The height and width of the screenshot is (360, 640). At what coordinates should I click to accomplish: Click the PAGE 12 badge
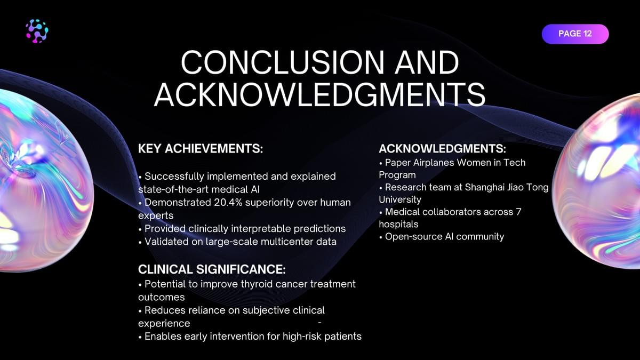[x=575, y=34]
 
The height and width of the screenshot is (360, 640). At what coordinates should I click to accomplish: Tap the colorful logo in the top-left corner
[x=37, y=31]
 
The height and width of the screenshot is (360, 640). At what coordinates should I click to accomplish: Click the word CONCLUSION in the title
[x=283, y=63]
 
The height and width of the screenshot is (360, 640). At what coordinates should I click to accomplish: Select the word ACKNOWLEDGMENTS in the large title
[x=319, y=95]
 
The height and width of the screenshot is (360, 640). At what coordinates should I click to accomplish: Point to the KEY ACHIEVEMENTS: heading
[x=201, y=149]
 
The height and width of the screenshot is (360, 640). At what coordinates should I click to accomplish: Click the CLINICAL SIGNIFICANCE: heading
[x=212, y=269]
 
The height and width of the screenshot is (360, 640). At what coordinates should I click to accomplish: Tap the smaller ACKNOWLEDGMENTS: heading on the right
[x=442, y=149]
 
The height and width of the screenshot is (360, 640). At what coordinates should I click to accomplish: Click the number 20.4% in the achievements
[x=228, y=202]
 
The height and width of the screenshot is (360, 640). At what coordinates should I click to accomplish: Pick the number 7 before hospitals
[x=518, y=212]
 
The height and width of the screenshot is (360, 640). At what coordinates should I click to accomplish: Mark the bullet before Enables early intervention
[x=140, y=337]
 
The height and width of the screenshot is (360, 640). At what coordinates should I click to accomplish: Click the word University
[x=400, y=199]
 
